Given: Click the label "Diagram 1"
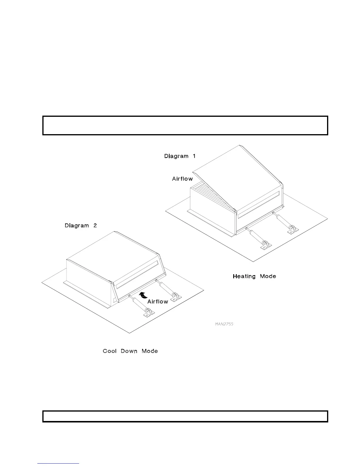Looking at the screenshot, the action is [180, 156].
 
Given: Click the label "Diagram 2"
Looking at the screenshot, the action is [81, 226].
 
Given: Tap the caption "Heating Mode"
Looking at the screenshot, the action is [254, 276].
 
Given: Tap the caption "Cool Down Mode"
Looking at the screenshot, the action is [130, 351].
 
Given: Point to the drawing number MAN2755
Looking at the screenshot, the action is [224, 324].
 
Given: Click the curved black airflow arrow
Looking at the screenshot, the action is [143, 295].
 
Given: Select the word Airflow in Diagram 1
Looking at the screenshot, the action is [182, 179].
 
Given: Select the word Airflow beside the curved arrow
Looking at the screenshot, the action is [158, 302].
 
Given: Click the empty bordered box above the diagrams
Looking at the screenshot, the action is [185, 125].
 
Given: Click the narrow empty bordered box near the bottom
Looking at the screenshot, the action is [185, 416].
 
